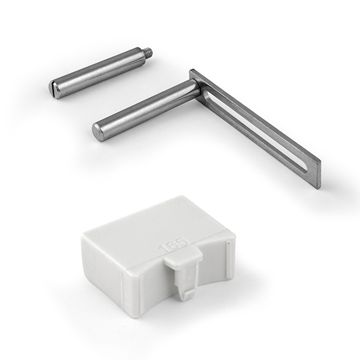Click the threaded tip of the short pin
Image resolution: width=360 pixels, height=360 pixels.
coord(149,53)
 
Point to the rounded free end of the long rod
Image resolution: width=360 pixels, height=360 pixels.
coord(97,132)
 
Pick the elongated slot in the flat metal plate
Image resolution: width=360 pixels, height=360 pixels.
coord(256,131)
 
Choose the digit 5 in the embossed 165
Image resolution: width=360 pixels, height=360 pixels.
coord(183,243)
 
